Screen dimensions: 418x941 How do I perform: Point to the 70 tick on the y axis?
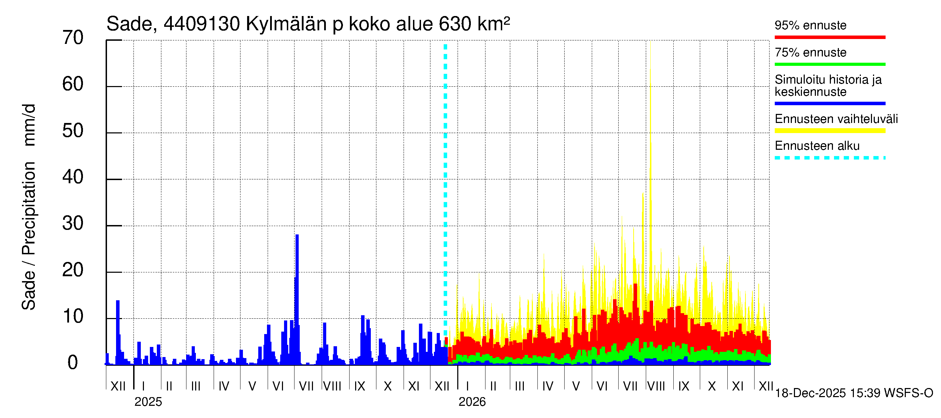click(73, 38)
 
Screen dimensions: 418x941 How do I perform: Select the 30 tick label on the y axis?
click(73, 223)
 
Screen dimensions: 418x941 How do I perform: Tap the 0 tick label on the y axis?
click(73, 363)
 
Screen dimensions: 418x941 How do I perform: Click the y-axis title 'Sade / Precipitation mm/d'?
click(29, 207)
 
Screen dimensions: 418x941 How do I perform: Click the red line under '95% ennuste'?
click(829, 37)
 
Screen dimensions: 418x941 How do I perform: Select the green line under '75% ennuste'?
click(829, 64)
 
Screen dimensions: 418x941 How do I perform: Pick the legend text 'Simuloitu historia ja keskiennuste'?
click(828, 85)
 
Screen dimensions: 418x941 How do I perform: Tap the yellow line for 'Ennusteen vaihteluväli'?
click(829, 131)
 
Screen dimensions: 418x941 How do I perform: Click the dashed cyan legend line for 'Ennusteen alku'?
click(829, 158)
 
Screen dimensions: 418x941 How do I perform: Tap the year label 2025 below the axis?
click(148, 402)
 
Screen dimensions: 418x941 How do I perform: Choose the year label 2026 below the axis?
click(472, 402)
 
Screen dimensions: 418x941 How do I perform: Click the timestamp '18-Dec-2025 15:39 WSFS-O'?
click(854, 393)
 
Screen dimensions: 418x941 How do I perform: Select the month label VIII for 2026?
click(656, 386)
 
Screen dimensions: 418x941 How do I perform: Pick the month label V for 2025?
click(252, 386)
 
